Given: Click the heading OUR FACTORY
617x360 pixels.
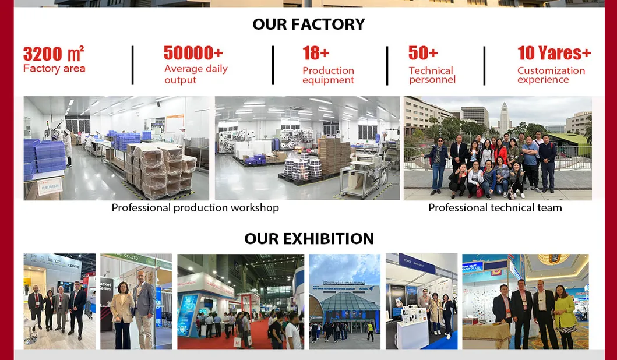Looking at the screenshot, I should coord(308,24).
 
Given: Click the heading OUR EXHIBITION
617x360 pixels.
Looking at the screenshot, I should coord(309,239).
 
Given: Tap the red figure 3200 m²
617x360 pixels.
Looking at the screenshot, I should coord(54,54).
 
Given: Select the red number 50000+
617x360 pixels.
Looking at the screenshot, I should coord(193,53).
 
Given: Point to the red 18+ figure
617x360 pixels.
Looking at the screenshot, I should coord(316,53).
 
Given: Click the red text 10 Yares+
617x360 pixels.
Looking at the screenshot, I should coord(554,53).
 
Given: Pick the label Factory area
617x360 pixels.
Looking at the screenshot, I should coord(54,69).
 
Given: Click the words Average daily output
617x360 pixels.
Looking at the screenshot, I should coord(196,74).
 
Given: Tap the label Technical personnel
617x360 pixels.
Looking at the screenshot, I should coord(432,75).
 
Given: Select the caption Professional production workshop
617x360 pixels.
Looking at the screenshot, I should coord(195,208).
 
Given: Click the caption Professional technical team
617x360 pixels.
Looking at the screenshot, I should coord(495,208).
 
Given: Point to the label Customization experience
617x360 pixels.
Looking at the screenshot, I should coord(551,75).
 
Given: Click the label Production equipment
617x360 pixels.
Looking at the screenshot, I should coord(328,75).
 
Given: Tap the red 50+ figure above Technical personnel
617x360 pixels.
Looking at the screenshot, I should coord(423,53).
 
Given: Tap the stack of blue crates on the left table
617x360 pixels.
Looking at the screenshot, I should coord(37,157).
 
